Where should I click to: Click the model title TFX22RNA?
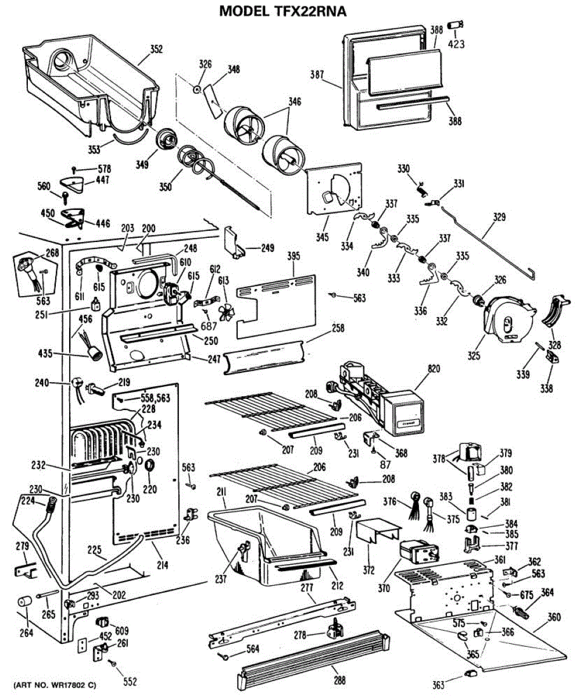[284, 10]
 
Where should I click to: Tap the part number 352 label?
[157, 49]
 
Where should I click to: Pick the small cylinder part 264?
[23, 603]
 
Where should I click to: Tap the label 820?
[434, 368]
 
